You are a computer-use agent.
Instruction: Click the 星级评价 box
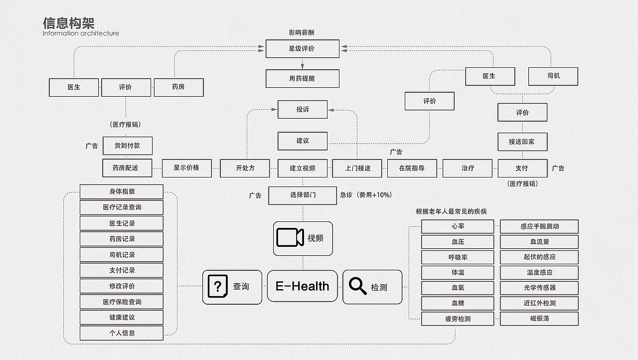303,49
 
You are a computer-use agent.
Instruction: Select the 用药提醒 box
303,78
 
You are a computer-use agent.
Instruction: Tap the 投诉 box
303,109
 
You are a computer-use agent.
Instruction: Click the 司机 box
553,76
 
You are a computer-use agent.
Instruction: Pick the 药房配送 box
127,168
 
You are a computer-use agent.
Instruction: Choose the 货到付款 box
127,146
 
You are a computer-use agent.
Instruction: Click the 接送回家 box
522,142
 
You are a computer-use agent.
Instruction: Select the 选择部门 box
303,195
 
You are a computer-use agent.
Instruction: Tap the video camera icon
290,237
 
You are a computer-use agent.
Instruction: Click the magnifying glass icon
357,286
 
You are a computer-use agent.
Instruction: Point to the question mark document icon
218,286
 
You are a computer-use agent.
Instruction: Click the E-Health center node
303,286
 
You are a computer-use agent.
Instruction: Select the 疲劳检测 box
458,319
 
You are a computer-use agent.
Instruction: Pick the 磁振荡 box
539,319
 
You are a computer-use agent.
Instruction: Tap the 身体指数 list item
122,191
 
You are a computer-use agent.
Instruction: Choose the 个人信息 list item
122,333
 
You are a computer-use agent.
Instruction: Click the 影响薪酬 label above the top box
302,33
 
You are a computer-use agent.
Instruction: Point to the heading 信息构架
69,23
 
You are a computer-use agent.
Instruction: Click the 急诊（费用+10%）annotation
366,195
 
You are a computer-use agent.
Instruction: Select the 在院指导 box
412,169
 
